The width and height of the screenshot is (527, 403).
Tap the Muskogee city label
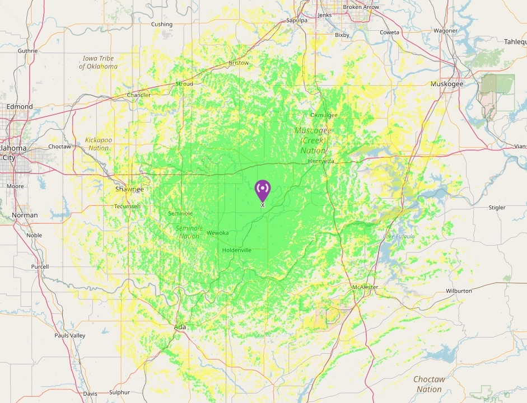tap(446, 84)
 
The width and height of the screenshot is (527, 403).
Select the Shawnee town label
tap(129, 189)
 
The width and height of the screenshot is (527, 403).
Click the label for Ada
tap(180, 327)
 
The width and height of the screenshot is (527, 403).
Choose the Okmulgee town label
tap(324, 115)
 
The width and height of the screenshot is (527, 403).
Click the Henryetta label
tap(321, 161)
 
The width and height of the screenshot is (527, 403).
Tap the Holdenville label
tap(236, 250)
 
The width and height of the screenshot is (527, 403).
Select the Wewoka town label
tap(217, 233)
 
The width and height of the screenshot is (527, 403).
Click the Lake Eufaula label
tap(399, 237)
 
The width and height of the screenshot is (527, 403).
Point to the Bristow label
tap(239, 63)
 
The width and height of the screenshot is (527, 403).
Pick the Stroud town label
tap(184, 84)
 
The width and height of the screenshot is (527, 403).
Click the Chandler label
tap(139, 95)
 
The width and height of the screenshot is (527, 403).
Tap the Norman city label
tap(25, 215)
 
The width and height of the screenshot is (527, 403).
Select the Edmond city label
tap(20, 106)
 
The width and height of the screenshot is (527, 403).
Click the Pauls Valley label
tap(69, 336)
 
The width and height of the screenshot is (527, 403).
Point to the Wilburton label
tap(459, 291)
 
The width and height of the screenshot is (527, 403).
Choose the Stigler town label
tap(496, 208)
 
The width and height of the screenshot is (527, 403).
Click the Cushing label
tap(162, 25)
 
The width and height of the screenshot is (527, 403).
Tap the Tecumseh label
tap(127, 207)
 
